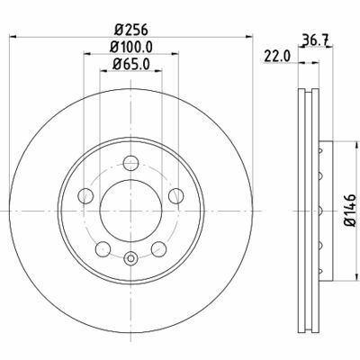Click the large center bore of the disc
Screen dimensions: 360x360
coord(130,209)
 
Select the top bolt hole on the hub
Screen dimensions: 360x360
coord(130,163)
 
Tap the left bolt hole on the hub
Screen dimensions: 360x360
coord(87,194)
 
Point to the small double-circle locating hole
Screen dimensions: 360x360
coord(130,261)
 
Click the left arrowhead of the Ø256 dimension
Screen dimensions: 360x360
coord(19,36)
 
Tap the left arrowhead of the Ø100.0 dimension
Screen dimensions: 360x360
coord(88,53)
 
